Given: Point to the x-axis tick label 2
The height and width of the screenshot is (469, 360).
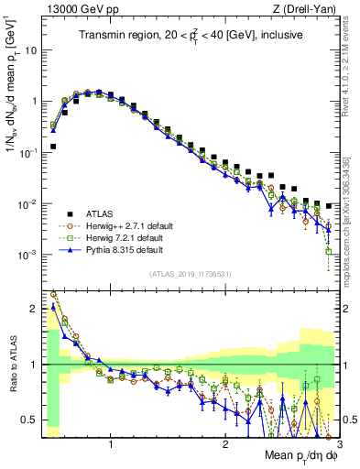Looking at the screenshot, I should (x=225, y=442).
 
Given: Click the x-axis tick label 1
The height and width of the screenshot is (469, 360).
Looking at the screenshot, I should (x=111, y=442).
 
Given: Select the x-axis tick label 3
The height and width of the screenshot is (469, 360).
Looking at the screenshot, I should (x=338, y=442).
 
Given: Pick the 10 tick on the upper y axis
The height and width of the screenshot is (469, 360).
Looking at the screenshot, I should (x=29, y=51).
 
